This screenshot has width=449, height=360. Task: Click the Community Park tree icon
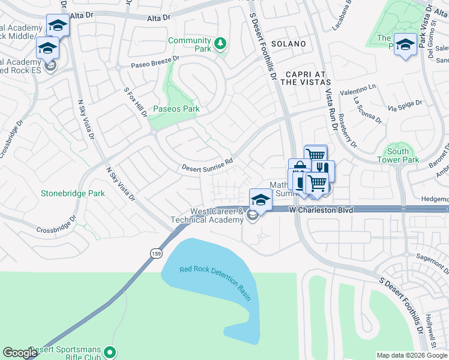[220, 44]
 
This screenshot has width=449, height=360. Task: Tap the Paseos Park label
[176, 109]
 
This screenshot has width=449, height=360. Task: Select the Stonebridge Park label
[73, 193]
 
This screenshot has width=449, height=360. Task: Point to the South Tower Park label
[402, 155]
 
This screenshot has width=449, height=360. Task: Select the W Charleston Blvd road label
[320, 210]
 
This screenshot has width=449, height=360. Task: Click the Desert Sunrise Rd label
[208, 164]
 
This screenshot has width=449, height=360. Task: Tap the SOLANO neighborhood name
[288, 44]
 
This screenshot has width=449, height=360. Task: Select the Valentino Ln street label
[358, 90]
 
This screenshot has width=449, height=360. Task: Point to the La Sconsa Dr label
[368, 109]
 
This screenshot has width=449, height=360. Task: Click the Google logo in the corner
[20, 353]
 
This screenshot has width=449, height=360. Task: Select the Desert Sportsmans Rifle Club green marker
[110, 352]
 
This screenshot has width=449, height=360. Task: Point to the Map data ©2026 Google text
[412, 355]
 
